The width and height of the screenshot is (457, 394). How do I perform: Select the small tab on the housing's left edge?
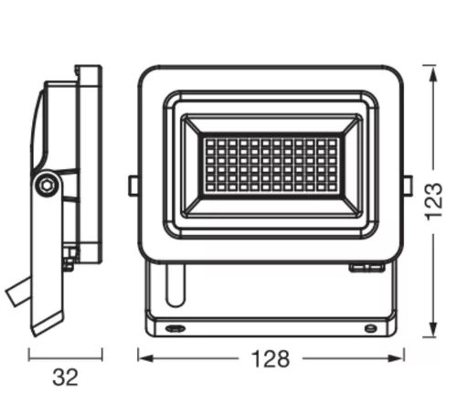click(x=133, y=186)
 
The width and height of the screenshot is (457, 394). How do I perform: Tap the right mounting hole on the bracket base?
click(x=369, y=326)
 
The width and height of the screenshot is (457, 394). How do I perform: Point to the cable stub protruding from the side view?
click(x=16, y=294)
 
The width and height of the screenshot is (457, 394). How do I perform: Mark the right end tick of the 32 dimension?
click(x=101, y=356)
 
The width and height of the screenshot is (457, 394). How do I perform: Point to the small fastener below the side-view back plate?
click(x=69, y=264)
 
